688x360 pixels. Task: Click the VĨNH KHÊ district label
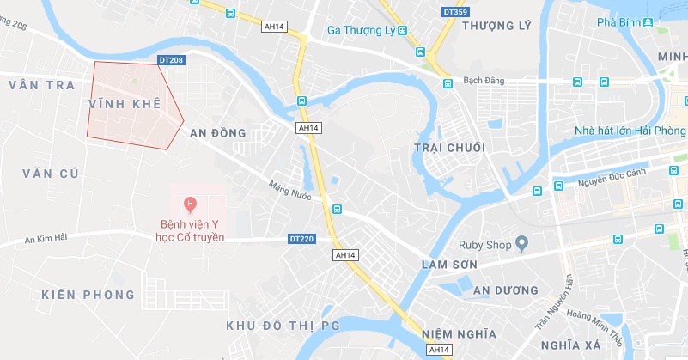[x=125, y=103]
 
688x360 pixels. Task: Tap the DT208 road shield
[x=172, y=60]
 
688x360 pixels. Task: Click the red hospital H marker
[x=191, y=204]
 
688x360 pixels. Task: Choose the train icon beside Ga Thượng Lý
[x=401, y=31]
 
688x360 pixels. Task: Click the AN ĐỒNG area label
[x=218, y=133]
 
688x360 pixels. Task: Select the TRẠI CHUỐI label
[x=449, y=148]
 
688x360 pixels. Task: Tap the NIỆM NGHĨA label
[x=460, y=333]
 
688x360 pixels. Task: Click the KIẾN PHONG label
[x=88, y=295]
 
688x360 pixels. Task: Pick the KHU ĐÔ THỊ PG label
[x=283, y=326]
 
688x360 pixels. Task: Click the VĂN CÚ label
[x=51, y=174]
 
